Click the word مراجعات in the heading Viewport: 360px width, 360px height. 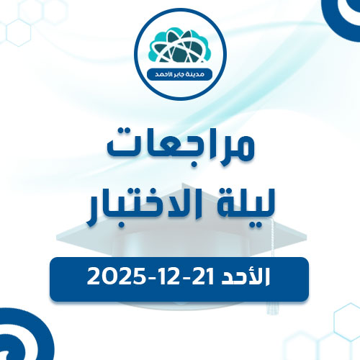click(180, 146)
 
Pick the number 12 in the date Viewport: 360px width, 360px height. click(167, 276)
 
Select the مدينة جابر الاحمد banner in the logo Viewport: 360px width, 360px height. click(180, 74)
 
